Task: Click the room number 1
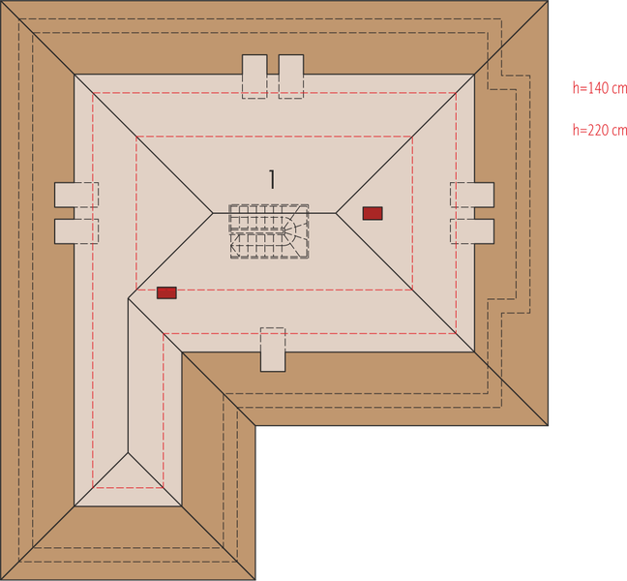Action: [x=273, y=179]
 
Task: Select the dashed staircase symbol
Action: [x=269, y=230]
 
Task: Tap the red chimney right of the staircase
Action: [x=373, y=213]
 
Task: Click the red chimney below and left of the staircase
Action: [x=166, y=292]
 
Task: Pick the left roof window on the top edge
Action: [x=254, y=76]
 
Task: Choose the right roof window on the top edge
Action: [x=291, y=76]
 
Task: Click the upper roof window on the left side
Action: [x=76, y=195]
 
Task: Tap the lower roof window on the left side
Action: [x=76, y=231]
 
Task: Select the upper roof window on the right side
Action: [x=472, y=195]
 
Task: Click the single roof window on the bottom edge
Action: [x=273, y=350]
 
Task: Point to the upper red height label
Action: [x=599, y=87]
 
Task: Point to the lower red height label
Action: [x=599, y=127]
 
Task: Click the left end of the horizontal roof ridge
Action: [x=214, y=211]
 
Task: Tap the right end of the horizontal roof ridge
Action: [x=336, y=211]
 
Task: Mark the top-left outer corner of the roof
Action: [x=2, y=2]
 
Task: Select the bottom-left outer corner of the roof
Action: [x=2, y=578]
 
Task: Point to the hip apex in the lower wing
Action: [x=129, y=451]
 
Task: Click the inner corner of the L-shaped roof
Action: [x=255, y=426]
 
